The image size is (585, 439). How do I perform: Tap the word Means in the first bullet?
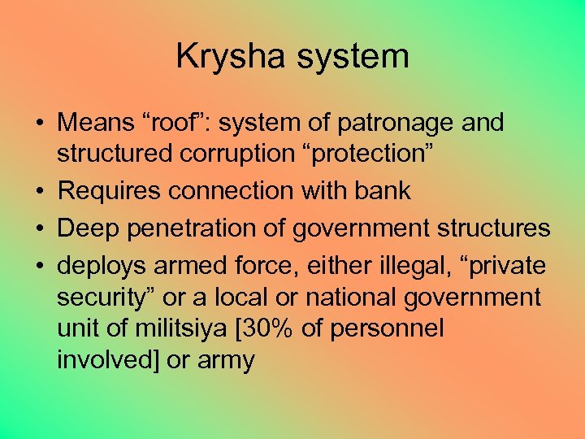coord(92,123)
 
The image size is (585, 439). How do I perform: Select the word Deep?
coord(86,228)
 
